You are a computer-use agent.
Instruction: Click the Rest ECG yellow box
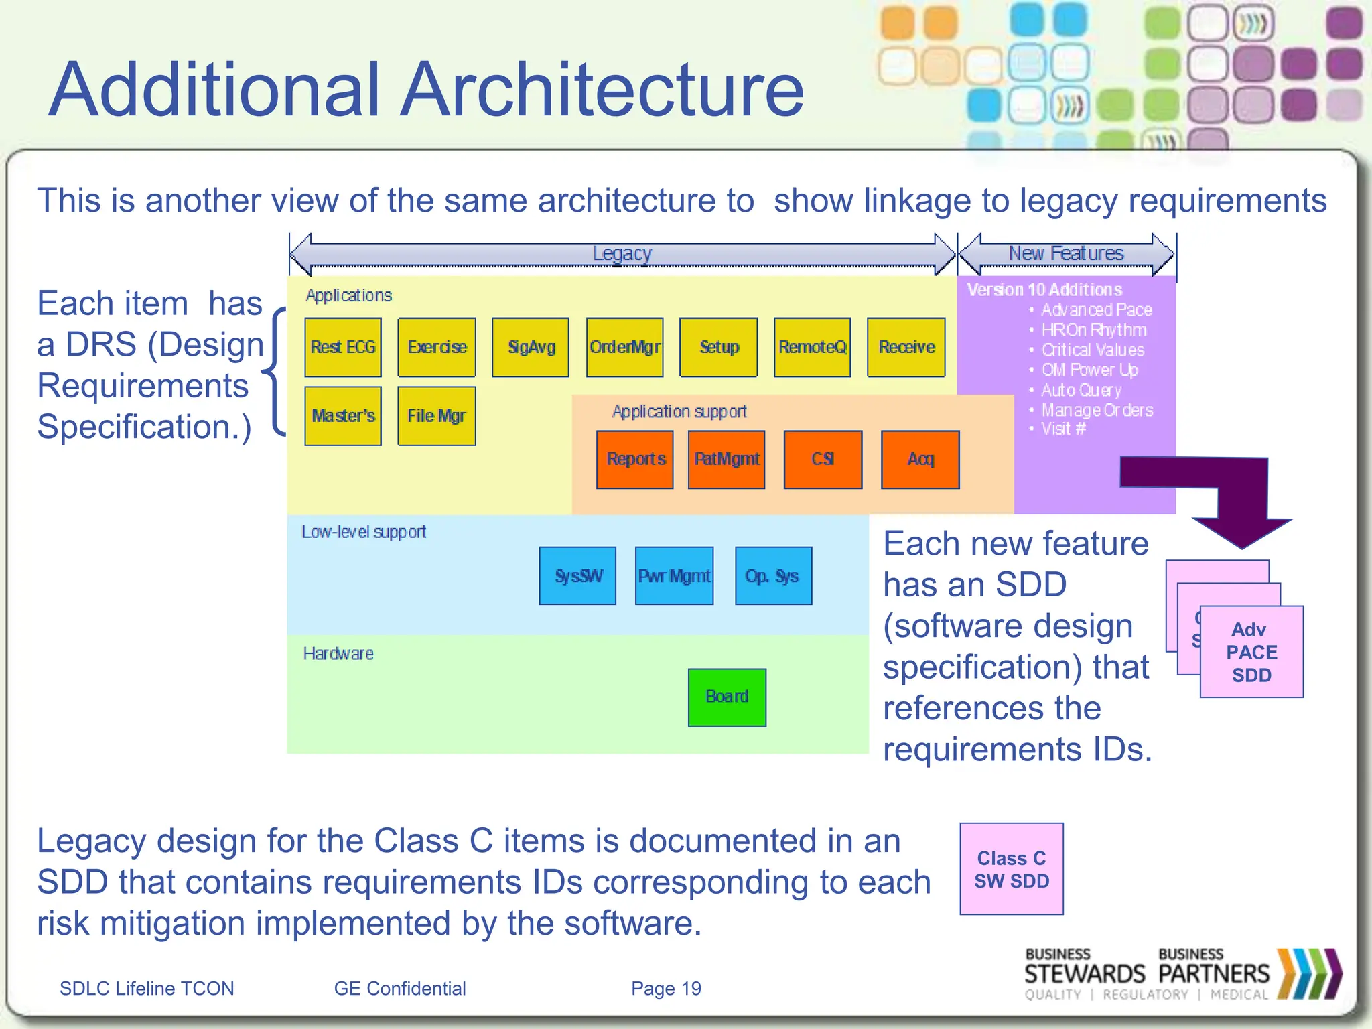coord(343,347)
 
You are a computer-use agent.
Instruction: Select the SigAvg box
coord(531,347)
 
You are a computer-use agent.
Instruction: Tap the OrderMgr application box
coord(624,347)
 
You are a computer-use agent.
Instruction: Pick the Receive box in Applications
coord(906,347)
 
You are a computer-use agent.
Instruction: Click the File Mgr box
coord(437,416)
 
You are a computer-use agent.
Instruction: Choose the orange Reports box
coord(635,460)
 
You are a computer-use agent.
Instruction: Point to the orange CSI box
coord(823,460)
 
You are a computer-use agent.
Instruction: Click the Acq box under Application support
coord(920,460)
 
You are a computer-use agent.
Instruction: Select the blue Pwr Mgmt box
coord(674,576)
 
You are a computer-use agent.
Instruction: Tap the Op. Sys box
coord(773,576)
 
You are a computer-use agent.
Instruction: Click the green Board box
coord(727,697)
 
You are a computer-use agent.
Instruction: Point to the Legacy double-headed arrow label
coord(622,254)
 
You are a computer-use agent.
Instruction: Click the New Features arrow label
coord(1067,254)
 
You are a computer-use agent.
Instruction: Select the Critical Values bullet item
coord(1092,350)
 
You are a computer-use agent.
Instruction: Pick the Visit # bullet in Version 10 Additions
coord(1063,429)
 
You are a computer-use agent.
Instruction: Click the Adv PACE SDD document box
coord(1251,652)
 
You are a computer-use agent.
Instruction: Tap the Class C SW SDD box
coord(1012,869)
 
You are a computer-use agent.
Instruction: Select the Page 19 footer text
coord(666,988)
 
